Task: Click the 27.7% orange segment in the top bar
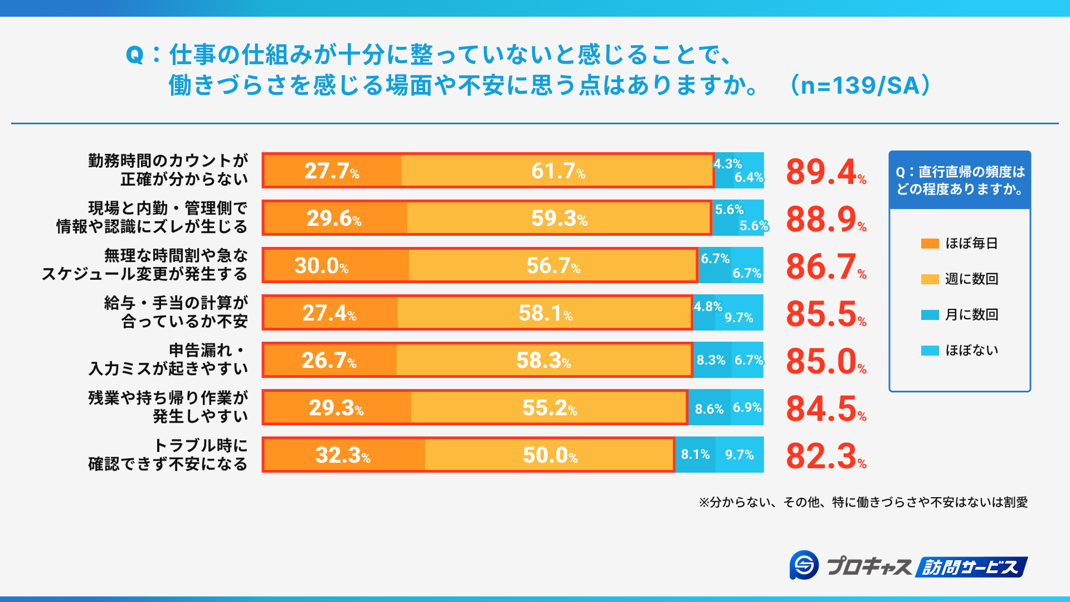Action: (x=332, y=171)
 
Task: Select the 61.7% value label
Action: (x=558, y=171)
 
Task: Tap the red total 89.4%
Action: (x=825, y=172)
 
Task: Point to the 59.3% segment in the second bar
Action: (x=559, y=218)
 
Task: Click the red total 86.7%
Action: (x=825, y=266)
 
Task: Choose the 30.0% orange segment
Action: (x=334, y=265)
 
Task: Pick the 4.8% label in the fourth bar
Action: (x=707, y=307)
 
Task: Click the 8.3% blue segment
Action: (x=711, y=360)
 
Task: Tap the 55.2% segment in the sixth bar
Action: (x=549, y=407)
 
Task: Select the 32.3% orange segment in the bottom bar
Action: (x=343, y=455)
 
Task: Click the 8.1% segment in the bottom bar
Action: (x=695, y=454)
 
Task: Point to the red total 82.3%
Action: (x=825, y=456)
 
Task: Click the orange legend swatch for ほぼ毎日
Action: (x=930, y=244)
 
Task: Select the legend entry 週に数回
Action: (x=971, y=279)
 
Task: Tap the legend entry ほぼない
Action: (x=971, y=350)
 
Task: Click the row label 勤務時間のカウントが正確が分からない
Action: (x=168, y=170)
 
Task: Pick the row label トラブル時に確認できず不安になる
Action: (x=168, y=454)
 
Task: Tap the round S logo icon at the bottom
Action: (x=804, y=566)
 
